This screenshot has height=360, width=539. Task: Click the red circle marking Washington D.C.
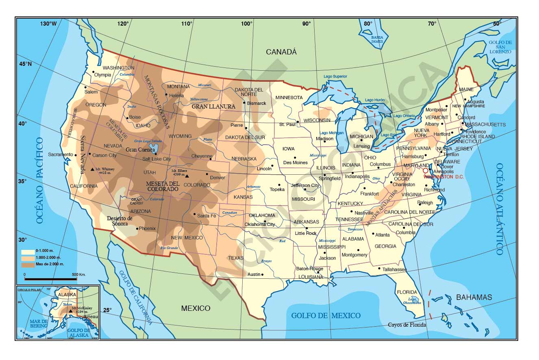point(426,171)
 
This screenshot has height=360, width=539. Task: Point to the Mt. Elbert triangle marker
point(187,176)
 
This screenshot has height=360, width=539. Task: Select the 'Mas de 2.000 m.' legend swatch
point(28,265)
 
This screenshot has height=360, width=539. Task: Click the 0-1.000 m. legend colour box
point(28,252)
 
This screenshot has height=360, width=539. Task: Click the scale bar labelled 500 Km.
point(50,279)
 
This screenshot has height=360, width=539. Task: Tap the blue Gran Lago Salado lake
point(154,147)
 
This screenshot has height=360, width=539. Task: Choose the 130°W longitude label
point(48,24)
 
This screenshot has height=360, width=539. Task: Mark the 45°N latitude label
point(24,64)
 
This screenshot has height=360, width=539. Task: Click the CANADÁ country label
point(281,52)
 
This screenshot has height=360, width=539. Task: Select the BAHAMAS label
point(474,297)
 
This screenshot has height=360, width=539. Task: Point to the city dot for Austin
point(263,275)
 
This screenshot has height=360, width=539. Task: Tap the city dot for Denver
point(207,174)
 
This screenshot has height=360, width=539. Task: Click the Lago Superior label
point(335,76)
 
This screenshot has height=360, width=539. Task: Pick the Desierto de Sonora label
point(120,221)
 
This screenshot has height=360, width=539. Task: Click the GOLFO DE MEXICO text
point(326,316)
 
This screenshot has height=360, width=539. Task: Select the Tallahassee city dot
point(379,268)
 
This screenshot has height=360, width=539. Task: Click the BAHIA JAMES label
point(377,39)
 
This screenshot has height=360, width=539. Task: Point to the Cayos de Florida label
point(407,325)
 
